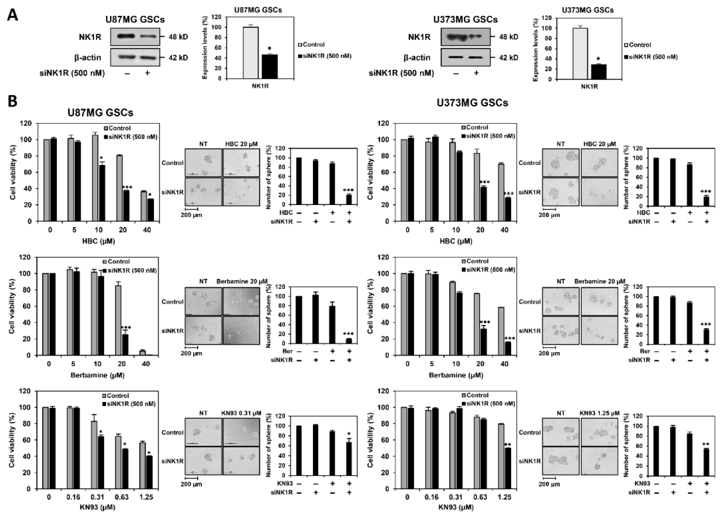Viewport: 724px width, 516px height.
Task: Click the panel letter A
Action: click(13, 15)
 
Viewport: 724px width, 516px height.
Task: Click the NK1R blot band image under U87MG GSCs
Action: click(135, 37)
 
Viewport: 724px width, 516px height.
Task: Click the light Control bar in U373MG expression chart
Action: click(580, 53)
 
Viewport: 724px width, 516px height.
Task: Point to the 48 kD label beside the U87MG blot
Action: click(178, 37)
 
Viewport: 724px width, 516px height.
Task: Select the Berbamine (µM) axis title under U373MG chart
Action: click(456, 375)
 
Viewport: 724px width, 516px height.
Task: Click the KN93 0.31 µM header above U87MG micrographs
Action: click(241, 413)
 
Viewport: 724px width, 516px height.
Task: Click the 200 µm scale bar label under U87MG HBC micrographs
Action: click(191, 215)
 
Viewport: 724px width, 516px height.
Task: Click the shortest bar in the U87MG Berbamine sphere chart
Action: click(349, 341)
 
